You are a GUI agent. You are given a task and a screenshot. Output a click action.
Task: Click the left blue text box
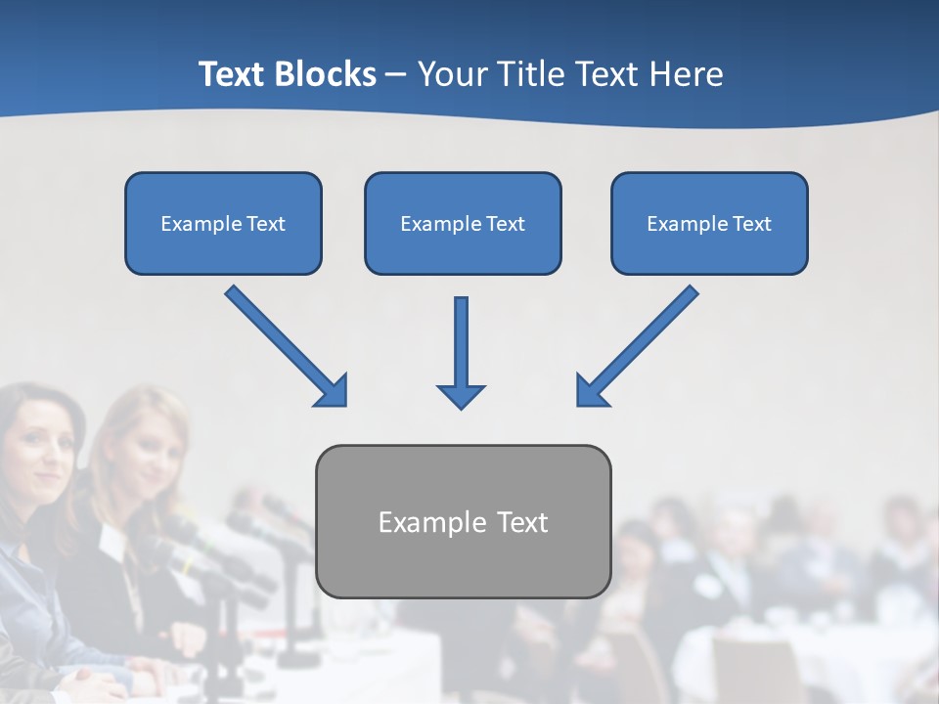(x=223, y=223)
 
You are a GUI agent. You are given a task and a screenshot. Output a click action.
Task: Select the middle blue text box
(x=463, y=223)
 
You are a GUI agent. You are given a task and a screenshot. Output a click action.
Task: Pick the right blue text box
(x=709, y=223)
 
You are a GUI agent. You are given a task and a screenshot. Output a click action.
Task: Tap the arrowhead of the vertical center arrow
(x=461, y=395)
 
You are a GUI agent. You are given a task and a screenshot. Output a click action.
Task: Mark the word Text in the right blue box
(x=751, y=224)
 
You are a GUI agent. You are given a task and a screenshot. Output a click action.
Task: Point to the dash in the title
(x=396, y=75)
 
